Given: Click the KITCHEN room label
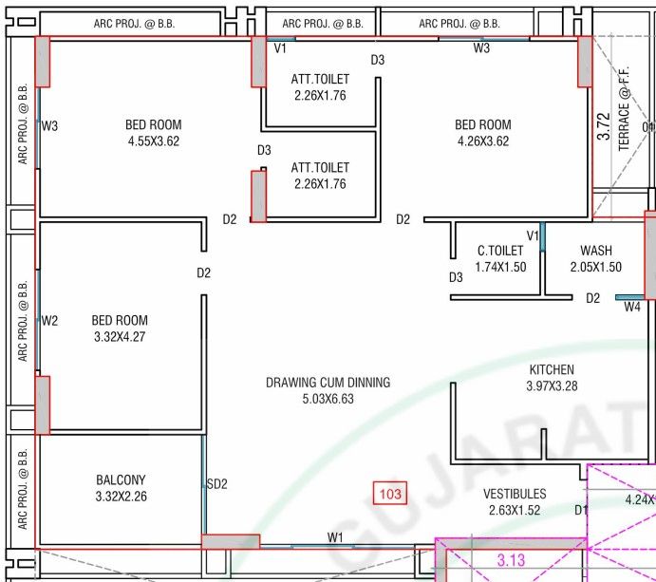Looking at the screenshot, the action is click(x=552, y=369).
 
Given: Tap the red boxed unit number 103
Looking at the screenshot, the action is click(x=390, y=494).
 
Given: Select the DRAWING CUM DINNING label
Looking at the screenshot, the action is click(x=328, y=383).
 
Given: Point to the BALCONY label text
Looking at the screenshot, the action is click(x=121, y=479).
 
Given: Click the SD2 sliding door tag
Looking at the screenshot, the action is click(x=217, y=484).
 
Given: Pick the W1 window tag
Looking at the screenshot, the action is click(x=335, y=537).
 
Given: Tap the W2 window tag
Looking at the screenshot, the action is click(x=49, y=321).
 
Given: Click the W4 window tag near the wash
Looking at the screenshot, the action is click(x=631, y=307).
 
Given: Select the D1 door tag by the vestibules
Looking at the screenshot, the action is click(x=581, y=510).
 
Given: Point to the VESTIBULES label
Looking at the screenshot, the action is click(x=515, y=494).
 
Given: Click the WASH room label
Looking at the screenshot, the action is click(x=596, y=251).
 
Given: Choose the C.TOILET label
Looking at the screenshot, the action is click(x=500, y=251).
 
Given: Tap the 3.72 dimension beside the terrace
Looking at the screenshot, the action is click(x=604, y=126).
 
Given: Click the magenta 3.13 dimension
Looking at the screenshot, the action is click(x=511, y=560).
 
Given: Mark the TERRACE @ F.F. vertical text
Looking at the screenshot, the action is click(x=624, y=109).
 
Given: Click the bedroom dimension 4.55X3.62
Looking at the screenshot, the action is click(x=154, y=141).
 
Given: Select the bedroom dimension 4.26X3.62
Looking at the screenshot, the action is click(x=483, y=141).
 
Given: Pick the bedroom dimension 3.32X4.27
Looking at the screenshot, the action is click(x=120, y=336).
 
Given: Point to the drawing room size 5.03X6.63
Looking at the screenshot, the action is click(x=328, y=399).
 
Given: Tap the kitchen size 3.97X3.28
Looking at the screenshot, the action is click(x=552, y=385).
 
